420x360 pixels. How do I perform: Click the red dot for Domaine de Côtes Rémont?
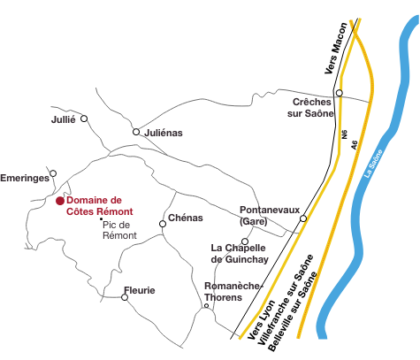pos(60,201)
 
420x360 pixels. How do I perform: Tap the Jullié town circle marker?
pos(84,119)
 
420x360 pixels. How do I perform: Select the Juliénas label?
pos(164,133)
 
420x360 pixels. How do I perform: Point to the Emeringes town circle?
pos(53,173)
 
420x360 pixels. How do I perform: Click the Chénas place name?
pos(186,218)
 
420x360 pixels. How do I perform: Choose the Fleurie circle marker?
pos(125,297)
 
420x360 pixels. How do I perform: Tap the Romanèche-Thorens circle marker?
pos(206,306)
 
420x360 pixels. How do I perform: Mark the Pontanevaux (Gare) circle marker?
pos(303,218)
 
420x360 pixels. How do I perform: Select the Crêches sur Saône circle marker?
pos(340,93)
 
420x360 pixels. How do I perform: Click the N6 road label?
pos(345,134)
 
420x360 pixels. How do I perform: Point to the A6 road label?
pos(354,144)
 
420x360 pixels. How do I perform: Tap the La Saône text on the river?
pos(373,164)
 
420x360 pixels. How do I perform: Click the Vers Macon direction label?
pos(336,49)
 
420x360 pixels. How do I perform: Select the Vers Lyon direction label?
pos(261,319)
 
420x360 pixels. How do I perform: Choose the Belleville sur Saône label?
pos(293,311)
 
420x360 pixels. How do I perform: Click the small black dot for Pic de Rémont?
pos(101,218)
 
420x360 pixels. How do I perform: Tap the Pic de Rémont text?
pos(119,230)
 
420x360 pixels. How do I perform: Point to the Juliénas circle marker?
pos(136,132)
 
